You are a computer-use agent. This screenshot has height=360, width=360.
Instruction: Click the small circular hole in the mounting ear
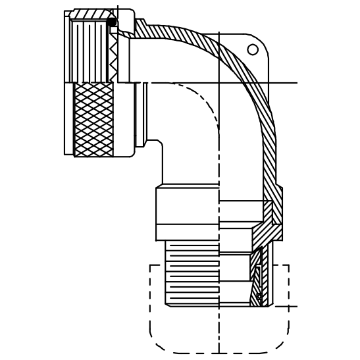(x=253, y=49)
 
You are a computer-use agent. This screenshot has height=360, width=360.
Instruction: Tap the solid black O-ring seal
(x=112, y=22)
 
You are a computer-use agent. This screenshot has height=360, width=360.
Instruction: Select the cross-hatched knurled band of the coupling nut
(x=93, y=119)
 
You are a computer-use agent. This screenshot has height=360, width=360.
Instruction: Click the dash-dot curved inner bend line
(x=204, y=105)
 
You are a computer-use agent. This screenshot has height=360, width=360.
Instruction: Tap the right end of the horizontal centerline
(x=296, y=83)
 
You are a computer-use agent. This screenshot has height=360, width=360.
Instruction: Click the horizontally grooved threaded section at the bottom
(x=191, y=273)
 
